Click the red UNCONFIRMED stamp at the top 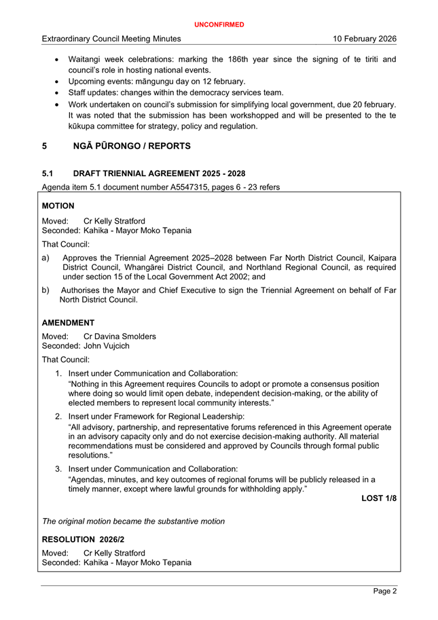tap(219, 24)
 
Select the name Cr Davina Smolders tap(120, 336)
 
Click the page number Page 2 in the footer tap(384, 591)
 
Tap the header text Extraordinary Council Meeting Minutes tap(111, 39)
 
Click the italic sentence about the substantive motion tap(133, 521)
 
